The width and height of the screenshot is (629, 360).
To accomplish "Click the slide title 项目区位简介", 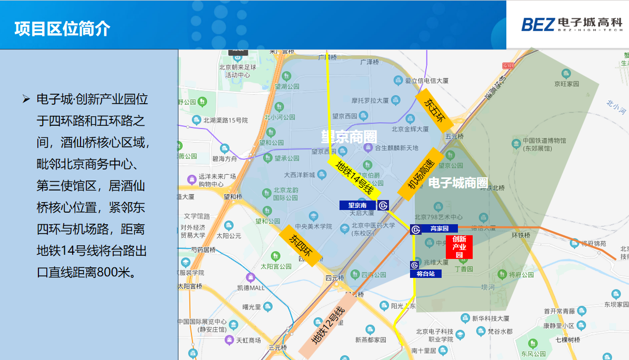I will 62,28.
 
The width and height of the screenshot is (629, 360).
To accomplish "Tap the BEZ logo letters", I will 538,24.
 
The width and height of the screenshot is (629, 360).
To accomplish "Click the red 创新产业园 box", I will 459,247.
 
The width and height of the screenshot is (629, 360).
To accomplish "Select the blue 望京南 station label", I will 357,205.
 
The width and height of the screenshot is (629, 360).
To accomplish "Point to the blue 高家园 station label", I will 439,228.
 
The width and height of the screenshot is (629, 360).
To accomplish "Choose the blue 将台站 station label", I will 425,274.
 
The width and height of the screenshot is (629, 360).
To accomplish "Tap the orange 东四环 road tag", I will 300,246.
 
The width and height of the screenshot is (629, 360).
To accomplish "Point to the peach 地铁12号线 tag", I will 327,326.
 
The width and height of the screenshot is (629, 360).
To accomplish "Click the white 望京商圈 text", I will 349,137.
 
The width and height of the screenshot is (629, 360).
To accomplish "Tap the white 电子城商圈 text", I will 458,183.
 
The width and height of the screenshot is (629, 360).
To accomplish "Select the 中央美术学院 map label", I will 315,226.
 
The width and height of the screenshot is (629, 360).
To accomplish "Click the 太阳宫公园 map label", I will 275,266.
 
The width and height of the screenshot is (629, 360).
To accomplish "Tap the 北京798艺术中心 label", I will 438,217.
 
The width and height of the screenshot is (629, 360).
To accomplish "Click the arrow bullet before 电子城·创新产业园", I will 26,99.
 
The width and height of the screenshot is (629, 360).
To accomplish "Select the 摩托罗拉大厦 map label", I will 370,100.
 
